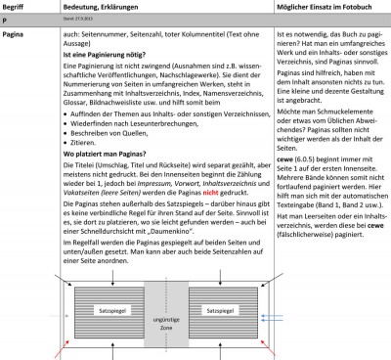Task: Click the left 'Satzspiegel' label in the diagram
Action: tap(106, 308)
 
